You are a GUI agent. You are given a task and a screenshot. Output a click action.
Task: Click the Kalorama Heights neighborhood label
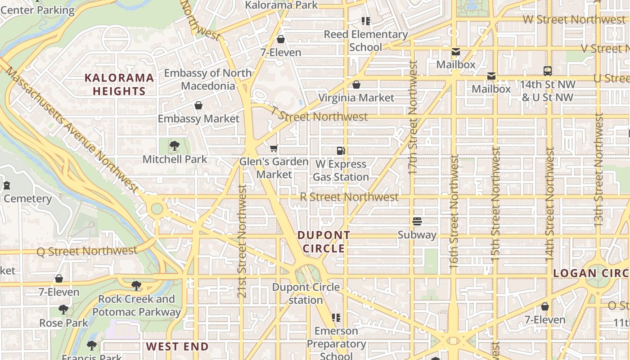tap(119, 84)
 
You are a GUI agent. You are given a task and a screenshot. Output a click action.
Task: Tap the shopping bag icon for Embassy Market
tap(198, 105)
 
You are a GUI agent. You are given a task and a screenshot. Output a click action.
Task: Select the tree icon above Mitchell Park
tap(175, 146)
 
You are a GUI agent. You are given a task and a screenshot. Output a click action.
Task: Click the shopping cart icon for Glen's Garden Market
tap(274, 148)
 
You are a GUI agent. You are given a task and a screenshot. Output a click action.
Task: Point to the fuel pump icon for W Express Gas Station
tap(341, 150)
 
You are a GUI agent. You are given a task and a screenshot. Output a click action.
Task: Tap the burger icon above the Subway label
tap(417, 221)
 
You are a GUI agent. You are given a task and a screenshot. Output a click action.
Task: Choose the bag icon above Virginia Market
tap(356, 85)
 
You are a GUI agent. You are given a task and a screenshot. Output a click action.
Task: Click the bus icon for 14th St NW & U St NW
tap(548, 71)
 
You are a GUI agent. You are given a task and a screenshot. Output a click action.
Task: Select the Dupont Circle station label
tap(306, 293)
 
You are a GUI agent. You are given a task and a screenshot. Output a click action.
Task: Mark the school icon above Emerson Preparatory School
tap(336, 318)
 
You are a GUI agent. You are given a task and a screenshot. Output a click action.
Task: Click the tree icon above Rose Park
tap(63, 310)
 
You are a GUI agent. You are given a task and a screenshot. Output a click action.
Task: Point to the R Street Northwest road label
tap(349, 197)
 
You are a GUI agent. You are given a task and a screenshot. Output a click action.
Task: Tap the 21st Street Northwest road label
tap(242, 241)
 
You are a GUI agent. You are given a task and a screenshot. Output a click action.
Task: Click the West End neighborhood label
tap(177, 346)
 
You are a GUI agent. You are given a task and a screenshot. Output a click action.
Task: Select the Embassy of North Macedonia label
tap(208, 79)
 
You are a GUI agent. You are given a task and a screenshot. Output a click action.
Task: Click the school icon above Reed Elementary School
tap(366, 21)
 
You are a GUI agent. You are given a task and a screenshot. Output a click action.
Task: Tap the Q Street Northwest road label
tap(87, 251)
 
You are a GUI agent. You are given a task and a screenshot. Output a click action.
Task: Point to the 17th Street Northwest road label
tap(413, 118)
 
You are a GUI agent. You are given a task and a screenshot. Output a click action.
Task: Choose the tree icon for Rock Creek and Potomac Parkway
tap(136, 285)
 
